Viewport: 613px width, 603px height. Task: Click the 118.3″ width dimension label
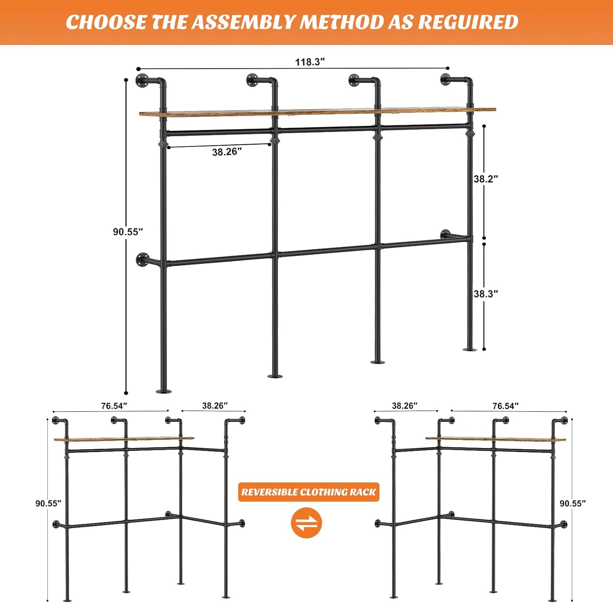(310, 62)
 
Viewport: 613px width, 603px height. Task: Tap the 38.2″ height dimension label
(486, 179)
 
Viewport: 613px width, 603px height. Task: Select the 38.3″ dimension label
(486, 294)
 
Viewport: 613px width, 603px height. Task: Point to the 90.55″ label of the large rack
(128, 231)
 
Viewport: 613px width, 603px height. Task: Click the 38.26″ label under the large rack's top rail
(227, 152)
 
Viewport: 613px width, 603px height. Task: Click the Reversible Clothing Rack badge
(309, 492)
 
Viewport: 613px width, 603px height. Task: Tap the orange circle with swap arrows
(306, 523)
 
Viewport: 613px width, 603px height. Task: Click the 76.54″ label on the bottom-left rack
(114, 406)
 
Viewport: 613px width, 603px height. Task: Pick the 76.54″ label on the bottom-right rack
(506, 406)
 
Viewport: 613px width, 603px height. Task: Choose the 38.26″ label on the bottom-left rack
(215, 406)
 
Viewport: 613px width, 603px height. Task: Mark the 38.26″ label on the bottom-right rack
(405, 406)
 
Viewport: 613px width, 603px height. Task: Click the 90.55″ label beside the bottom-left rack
(48, 503)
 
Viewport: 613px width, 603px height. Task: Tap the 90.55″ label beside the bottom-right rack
(573, 503)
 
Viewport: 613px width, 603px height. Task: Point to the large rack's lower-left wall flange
(143, 259)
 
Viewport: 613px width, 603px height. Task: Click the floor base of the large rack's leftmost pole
(163, 391)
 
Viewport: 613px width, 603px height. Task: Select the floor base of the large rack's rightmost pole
(470, 349)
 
